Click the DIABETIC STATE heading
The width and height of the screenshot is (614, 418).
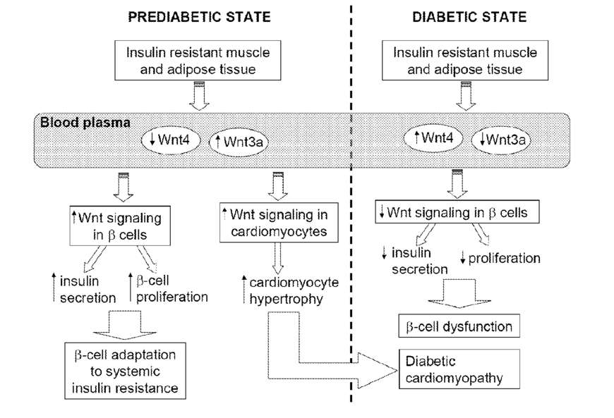(x=469, y=17)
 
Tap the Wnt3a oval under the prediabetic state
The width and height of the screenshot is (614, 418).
(x=242, y=140)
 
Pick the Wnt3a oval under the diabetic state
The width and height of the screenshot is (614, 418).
(x=502, y=140)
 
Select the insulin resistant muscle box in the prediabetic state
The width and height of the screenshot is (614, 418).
(x=198, y=61)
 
